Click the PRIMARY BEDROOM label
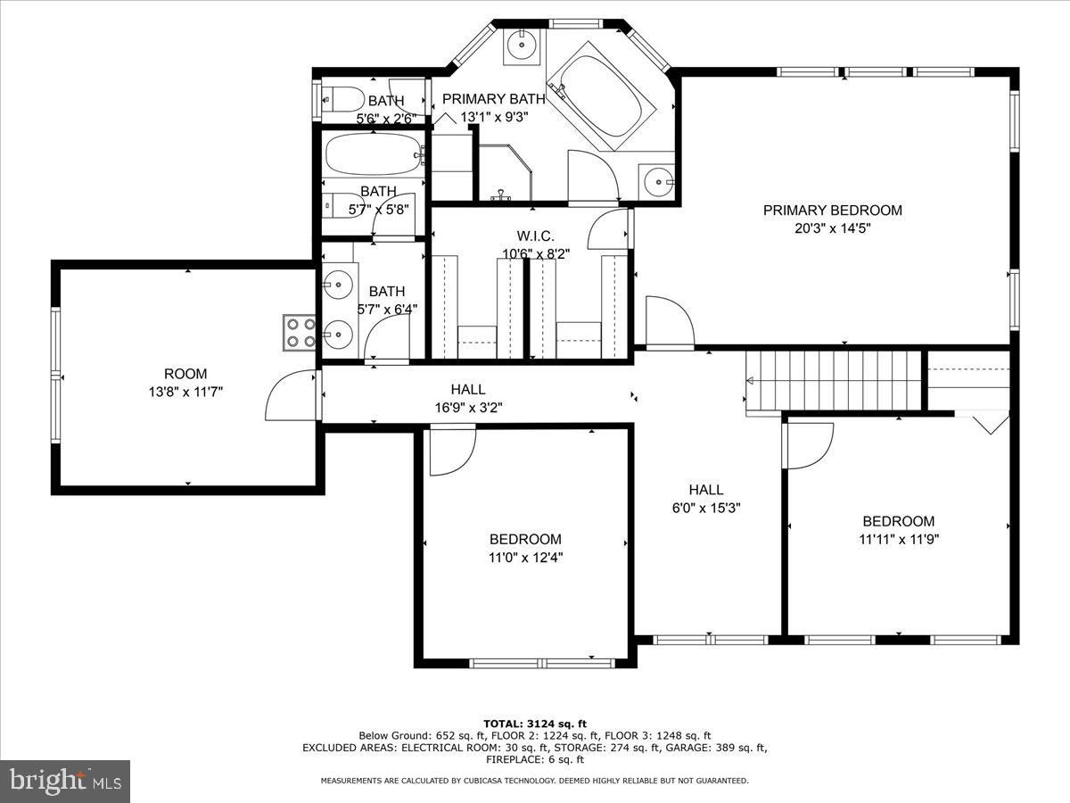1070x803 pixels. click(x=832, y=211)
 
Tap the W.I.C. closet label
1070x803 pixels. click(x=535, y=236)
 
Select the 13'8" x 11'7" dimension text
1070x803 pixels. click(x=185, y=392)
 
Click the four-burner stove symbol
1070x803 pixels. click(x=300, y=333)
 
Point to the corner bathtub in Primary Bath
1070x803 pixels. click(x=602, y=96)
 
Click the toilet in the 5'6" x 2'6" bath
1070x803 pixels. click(x=342, y=99)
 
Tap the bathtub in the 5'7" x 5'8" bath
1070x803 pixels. click(x=374, y=154)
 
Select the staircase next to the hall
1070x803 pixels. click(x=833, y=381)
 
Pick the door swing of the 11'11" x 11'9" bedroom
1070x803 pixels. click(x=808, y=446)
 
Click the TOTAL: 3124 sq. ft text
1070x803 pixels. click(x=535, y=724)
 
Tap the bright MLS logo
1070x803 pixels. click(x=65, y=781)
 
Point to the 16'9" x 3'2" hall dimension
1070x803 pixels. click(x=468, y=408)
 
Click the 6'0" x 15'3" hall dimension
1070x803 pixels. click(x=706, y=508)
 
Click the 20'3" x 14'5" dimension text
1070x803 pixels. click(x=832, y=228)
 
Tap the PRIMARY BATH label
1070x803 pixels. click(x=493, y=99)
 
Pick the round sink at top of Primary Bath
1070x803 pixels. click(x=523, y=46)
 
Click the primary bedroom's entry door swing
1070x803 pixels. click(x=670, y=322)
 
